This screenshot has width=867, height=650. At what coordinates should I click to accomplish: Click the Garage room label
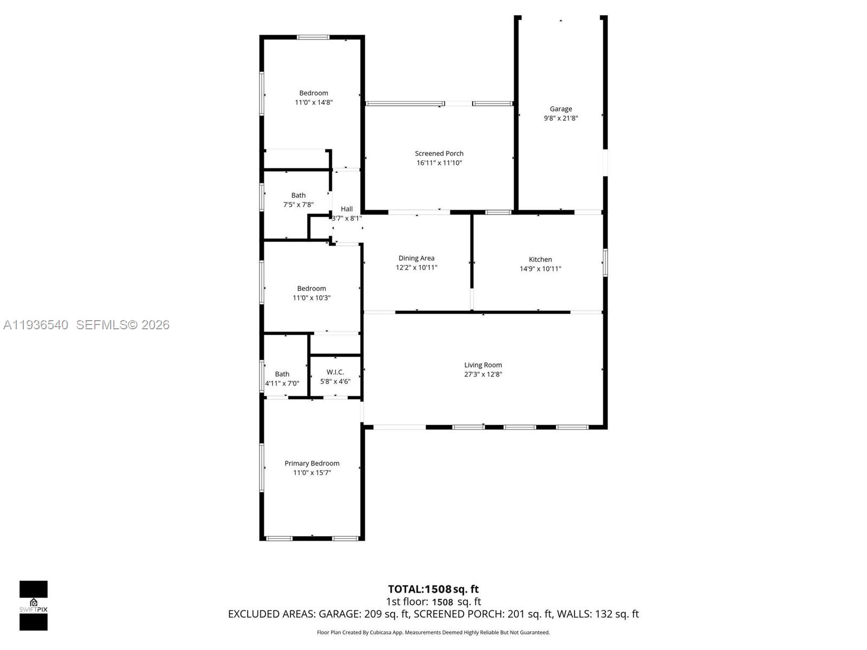pyautogui.click(x=561, y=109)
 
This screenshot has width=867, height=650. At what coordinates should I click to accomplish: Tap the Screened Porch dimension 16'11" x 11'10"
pyautogui.click(x=439, y=163)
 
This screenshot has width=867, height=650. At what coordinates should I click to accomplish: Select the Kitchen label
pyautogui.click(x=540, y=259)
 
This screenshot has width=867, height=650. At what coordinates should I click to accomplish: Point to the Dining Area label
pyautogui.click(x=416, y=258)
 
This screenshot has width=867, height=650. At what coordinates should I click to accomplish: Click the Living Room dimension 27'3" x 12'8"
pyautogui.click(x=483, y=374)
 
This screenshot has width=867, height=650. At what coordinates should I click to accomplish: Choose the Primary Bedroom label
pyautogui.click(x=312, y=463)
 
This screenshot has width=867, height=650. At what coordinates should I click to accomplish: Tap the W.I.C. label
pyautogui.click(x=335, y=372)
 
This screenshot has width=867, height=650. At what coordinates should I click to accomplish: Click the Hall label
pyautogui.click(x=347, y=209)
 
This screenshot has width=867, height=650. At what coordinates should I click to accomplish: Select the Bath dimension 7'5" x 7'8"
pyautogui.click(x=298, y=205)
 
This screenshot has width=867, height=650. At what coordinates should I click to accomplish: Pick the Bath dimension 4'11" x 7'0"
pyautogui.click(x=282, y=383)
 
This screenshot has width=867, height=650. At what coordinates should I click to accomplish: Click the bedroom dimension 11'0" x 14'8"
pyautogui.click(x=314, y=102)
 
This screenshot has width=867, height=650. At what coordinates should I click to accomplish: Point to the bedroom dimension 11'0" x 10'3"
pyautogui.click(x=312, y=298)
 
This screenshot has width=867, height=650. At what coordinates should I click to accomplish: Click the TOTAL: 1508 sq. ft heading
pyautogui.click(x=433, y=589)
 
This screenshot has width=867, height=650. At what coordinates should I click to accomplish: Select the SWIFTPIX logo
pyautogui.click(x=34, y=606)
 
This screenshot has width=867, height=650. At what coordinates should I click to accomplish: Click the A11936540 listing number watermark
pyautogui.click(x=36, y=325)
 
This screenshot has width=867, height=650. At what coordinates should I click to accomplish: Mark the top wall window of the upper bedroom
pyautogui.click(x=313, y=37)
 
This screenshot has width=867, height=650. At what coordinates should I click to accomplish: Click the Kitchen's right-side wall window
pyautogui.click(x=605, y=262)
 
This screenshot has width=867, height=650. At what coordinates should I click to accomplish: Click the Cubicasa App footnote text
pyautogui.click(x=433, y=633)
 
